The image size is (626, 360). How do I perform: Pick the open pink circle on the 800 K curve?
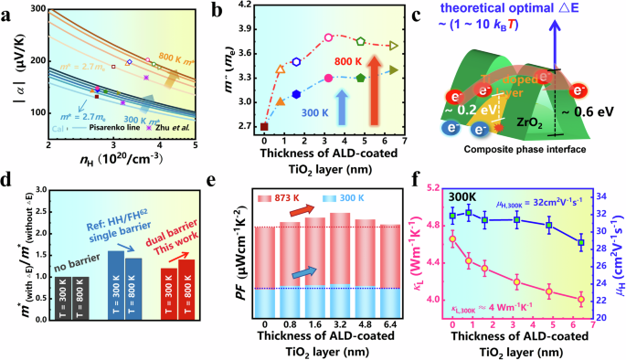tap(328, 37)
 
